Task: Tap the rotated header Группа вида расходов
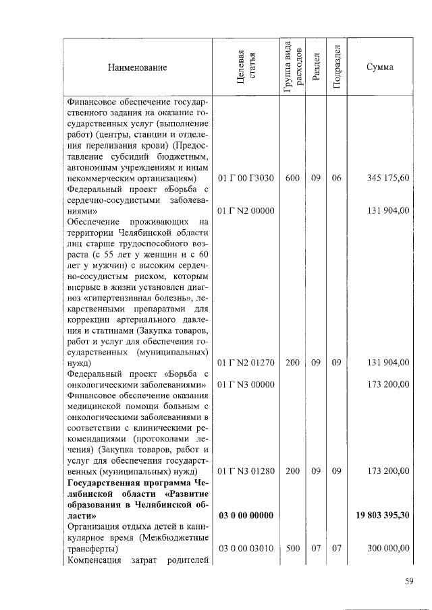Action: point(292,67)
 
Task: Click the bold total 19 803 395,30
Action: point(383,516)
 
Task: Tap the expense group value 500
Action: point(292,549)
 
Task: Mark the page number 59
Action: point(408,583)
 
